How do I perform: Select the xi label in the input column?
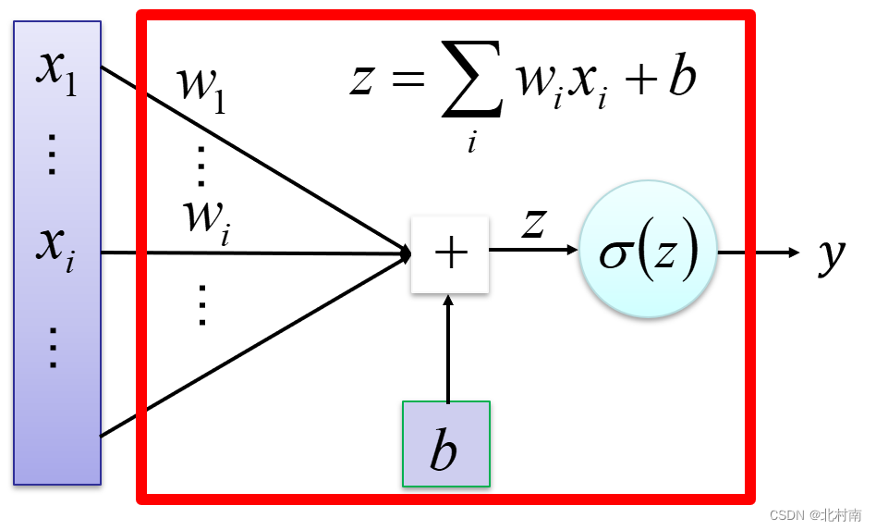pyautogui.click(x=56, y=247)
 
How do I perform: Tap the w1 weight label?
pyautogui.click(x=201, y=91)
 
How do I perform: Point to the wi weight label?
pyautogui.click(x=205, y=220)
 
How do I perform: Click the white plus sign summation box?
pyautogui.click(x=450, y=253)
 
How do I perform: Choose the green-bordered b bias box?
pyautogui.click(x=446, y=444)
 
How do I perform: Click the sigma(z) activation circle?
pyautogui.click(x=648, y=251)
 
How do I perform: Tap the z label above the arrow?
pyautogui.click(x=533, y=224)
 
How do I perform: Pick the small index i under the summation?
pyautogui.click(x=471, y=142)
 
